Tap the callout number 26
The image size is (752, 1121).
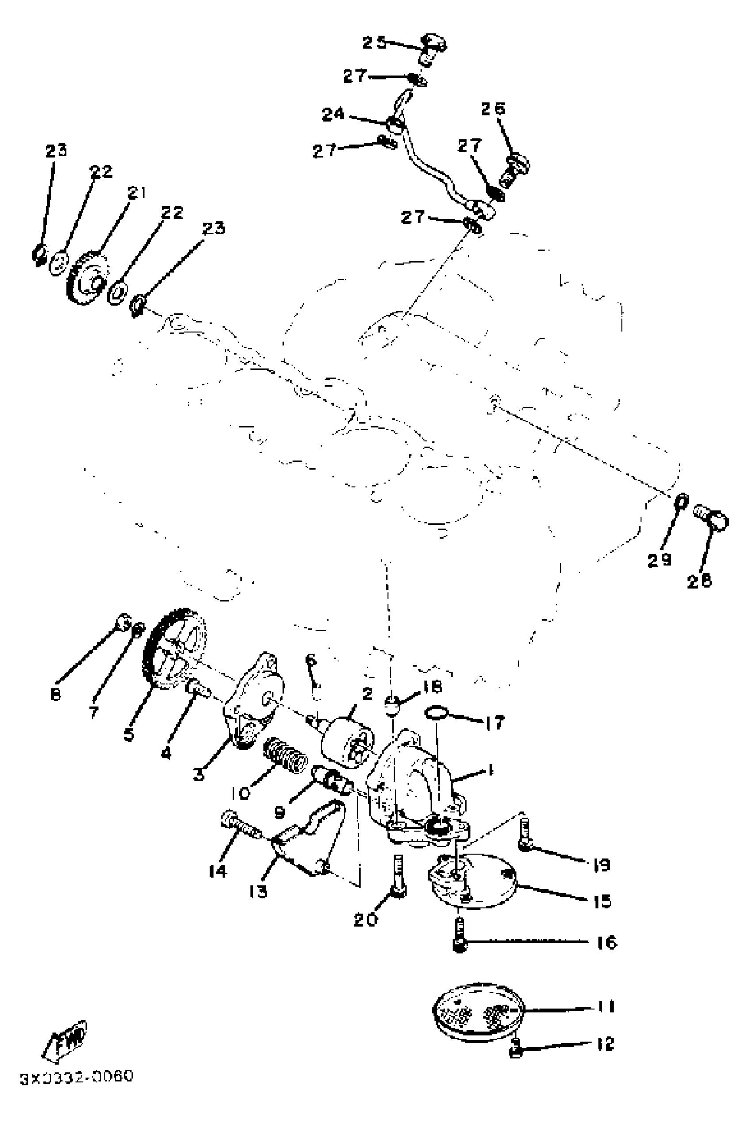(493, 108)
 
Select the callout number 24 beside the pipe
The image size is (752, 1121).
(333, 114)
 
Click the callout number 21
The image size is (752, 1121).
(137, 193)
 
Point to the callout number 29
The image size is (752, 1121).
(660, 560)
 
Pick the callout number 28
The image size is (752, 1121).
(699, 581)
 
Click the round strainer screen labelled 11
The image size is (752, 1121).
(478, 1013)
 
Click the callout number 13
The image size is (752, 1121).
(258, 892)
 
